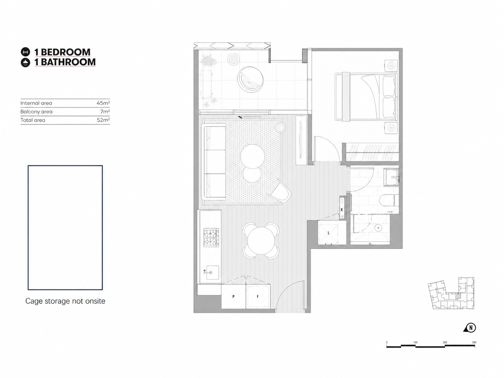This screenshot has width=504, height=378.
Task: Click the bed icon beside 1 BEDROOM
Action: pos(25,52)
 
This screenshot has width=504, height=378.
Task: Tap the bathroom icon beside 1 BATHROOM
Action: pos(25,62)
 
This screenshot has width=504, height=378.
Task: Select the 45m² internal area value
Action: pos(103,103)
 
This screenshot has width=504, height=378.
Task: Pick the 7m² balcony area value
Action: pos(105,111)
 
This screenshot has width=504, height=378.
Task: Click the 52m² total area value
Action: pos(103,120)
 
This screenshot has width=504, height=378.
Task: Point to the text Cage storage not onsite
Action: pos(65,301)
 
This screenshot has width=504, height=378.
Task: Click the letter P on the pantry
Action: pos(234,297)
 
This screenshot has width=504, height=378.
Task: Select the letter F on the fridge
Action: pos(258,297)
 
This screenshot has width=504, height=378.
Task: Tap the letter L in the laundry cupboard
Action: pos(329,233)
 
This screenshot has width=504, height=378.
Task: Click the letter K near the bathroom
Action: pos(342,210)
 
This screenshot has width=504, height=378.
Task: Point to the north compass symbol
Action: pos(470,328)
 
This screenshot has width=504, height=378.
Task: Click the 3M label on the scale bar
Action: pos(474,342)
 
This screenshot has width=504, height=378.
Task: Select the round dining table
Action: pos(261,241)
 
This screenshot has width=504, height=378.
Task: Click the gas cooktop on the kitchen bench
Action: pos(211,237)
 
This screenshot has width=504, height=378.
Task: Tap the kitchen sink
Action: pos(212,273)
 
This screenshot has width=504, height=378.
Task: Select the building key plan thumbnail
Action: pos(451,293)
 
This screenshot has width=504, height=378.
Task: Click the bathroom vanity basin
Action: pos(392,177)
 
